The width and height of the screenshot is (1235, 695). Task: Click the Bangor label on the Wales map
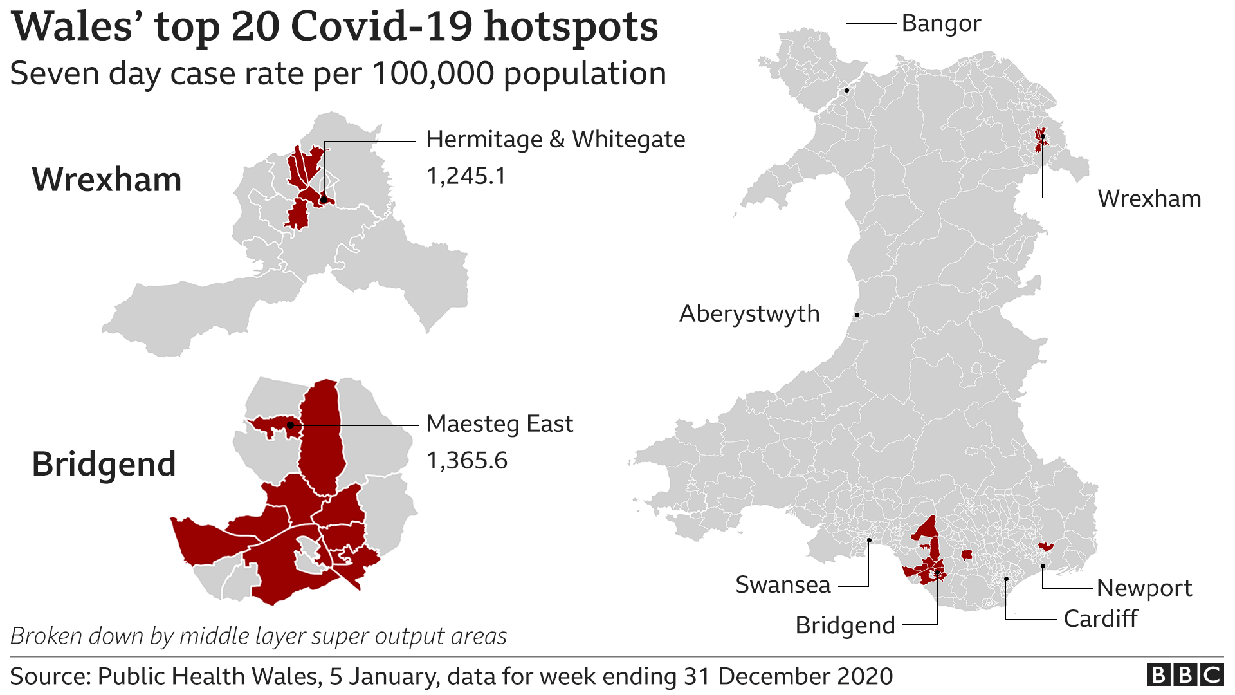point(940,24)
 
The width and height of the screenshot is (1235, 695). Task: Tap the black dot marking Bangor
point(846,90)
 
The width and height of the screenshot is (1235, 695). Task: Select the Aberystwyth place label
point(749,314)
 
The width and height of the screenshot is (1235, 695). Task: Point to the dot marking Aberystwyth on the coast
point(857,315)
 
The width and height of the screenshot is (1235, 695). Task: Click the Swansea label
point(783,585)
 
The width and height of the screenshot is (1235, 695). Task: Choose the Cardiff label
point(1100,619)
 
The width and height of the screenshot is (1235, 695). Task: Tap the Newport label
point(1144,588)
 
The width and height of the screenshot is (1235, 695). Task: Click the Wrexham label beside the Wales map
point(1149,199)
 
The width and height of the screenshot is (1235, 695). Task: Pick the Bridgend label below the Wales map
point(845,625)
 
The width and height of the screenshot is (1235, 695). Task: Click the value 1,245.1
point(466,176)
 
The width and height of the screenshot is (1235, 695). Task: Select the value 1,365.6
point(467,461)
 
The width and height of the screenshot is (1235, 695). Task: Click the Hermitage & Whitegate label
point(555,140)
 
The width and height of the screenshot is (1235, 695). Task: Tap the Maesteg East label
point(499,424)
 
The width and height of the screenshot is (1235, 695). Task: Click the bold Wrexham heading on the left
point(107,180)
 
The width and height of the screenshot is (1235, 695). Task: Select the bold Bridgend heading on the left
point(104,464)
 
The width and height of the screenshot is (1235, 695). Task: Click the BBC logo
point(1184,675)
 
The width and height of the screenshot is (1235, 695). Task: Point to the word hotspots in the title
point(571,27)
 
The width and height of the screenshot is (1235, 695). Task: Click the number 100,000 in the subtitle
point(432,73)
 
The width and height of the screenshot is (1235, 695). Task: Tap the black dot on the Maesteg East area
point(290,425)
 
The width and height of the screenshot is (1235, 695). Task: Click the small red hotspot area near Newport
point(1045,547)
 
